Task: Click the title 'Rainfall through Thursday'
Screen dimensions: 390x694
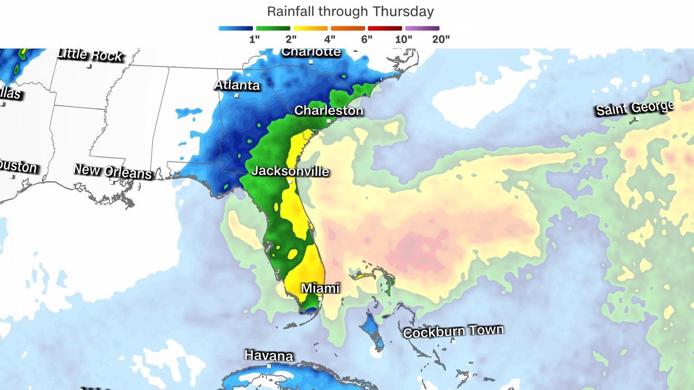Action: coord(350,11)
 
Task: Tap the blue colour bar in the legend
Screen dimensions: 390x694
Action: coord(235,28)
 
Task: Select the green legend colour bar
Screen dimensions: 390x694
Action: coord(273,28)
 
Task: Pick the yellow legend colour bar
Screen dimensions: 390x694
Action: coord(310,28)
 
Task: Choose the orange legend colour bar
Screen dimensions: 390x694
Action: coord(347,28)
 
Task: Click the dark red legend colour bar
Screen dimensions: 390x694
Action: coord(385,28)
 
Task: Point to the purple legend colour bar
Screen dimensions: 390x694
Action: coord(422,28)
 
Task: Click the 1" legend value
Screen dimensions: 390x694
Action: coord(254,39)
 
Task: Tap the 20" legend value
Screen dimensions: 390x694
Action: coord(440,39)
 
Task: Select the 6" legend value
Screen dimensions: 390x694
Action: coord(366,39)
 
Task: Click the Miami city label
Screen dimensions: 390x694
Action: coord(320,288)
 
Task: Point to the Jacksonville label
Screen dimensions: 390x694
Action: coord(290,171)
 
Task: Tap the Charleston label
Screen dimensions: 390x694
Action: coord(328,111)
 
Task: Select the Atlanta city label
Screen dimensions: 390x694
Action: coord(237,85)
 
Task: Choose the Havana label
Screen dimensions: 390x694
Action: coord(269,355)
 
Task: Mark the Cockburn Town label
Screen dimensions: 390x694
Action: coord(453,331)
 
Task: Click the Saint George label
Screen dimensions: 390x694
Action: coord(635,109)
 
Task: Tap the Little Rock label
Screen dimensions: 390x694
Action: coord(90,55)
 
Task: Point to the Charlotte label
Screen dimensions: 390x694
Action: coord(311,52)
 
